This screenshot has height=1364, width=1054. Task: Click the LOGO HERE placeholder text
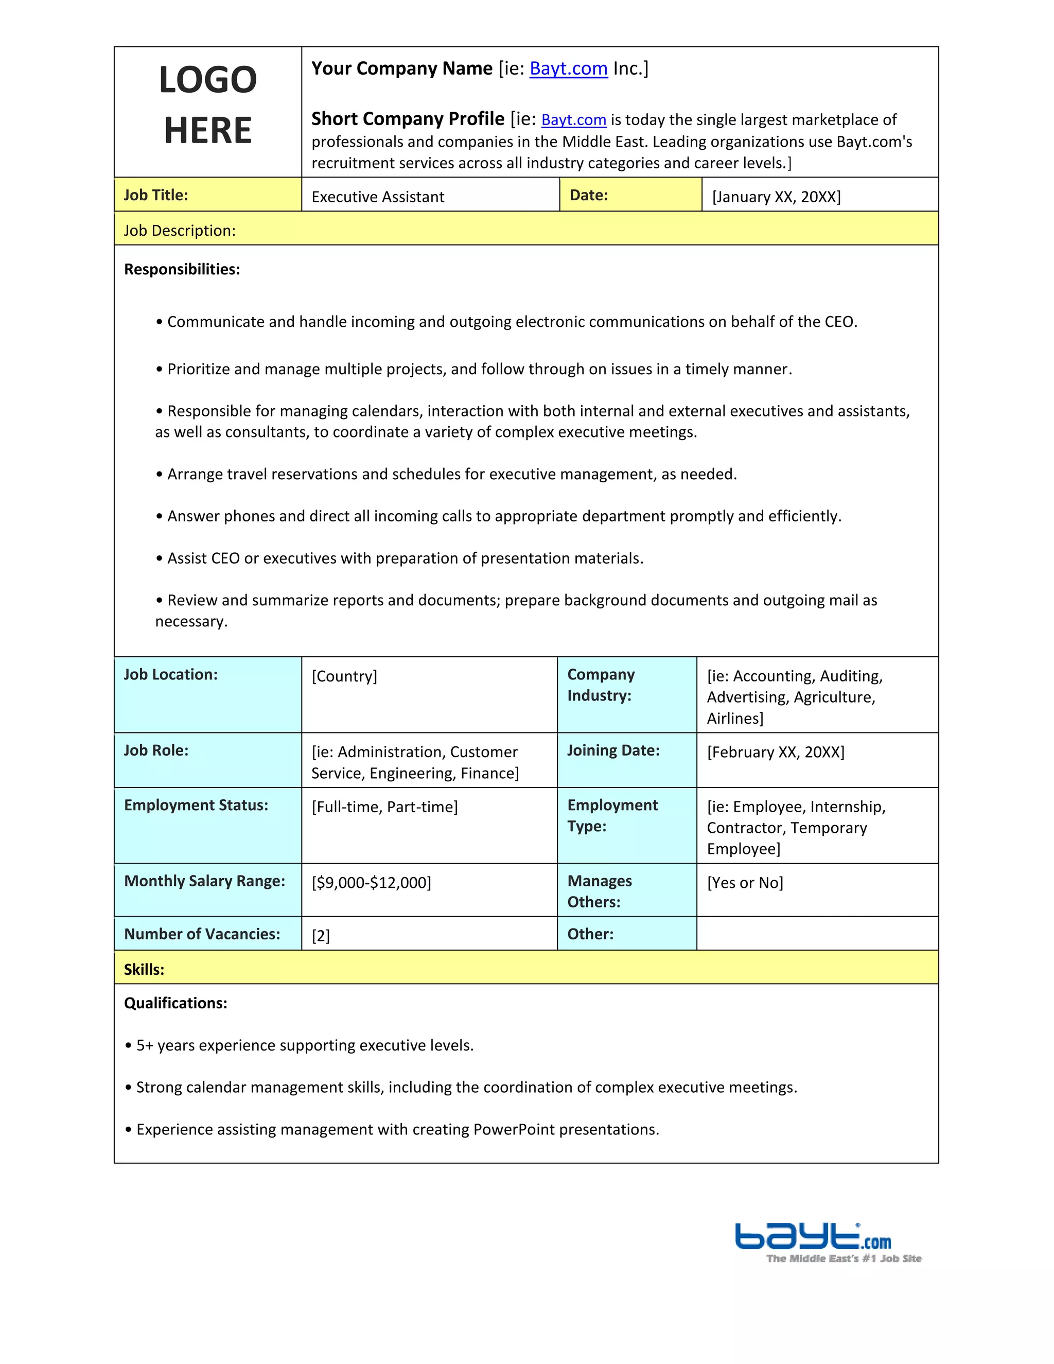(x=207, y=105)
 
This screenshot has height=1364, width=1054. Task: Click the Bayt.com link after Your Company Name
(x=568, y=68)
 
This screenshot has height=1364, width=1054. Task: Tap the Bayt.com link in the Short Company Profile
(x=573, y=119)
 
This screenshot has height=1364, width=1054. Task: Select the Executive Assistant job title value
(x=378, y=197)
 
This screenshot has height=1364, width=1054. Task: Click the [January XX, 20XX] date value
(x=776, y=197)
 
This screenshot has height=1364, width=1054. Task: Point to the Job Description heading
(x=180, y=231)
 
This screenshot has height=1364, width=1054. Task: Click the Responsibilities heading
(x=182, y=269)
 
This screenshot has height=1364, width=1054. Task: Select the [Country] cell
(x=345, y=676)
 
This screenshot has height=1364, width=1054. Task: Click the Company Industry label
(x=601, y=685)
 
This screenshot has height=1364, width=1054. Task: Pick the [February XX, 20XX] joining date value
(x=776, y=752)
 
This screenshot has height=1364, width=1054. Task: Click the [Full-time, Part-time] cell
(x=384, y=807)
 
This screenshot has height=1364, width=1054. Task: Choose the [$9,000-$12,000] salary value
(x=372, y=882)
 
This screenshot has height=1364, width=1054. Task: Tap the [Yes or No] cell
(x=745, y=882)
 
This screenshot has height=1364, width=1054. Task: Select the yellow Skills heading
(x=144, y=969)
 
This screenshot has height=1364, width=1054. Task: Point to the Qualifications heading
(x=175, y=1003)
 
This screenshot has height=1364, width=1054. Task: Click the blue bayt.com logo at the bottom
(x=813, y=1237)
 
